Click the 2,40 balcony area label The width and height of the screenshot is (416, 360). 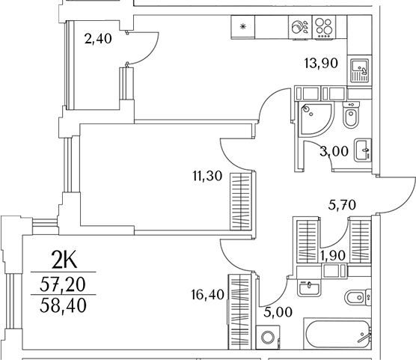click(x=98, y=39)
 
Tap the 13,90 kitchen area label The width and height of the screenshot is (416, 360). click(x=321, y=64)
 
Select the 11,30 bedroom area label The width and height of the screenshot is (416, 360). click(x=207, y=176)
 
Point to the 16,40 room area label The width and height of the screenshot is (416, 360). click(x=208, y=295)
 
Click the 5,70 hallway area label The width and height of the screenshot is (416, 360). click(x=342, y=205)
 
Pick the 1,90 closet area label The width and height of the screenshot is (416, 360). click(x=333, y=256)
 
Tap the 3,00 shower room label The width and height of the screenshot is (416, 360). click(x=334, y=152)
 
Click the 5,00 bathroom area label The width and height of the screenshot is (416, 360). click(x=278, y=312)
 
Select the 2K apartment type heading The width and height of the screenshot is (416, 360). click(x=64, y=260)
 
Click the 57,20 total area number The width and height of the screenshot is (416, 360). click(x=63, y=284)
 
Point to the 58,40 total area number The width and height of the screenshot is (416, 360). click(x=63, y=305)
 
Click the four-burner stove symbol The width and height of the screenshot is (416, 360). click(x=324, y=28)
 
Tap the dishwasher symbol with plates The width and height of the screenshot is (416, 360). click(x=300, y=28)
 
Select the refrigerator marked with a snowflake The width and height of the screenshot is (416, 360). click(x=242, y=27)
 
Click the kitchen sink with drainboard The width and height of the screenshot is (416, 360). click(x=359, y=70)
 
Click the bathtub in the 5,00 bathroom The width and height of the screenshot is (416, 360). click(x=337, y=334)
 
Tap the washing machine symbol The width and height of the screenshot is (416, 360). click(x=268, y=337)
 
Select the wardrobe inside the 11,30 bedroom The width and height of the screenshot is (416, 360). click(x=241, y=201)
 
